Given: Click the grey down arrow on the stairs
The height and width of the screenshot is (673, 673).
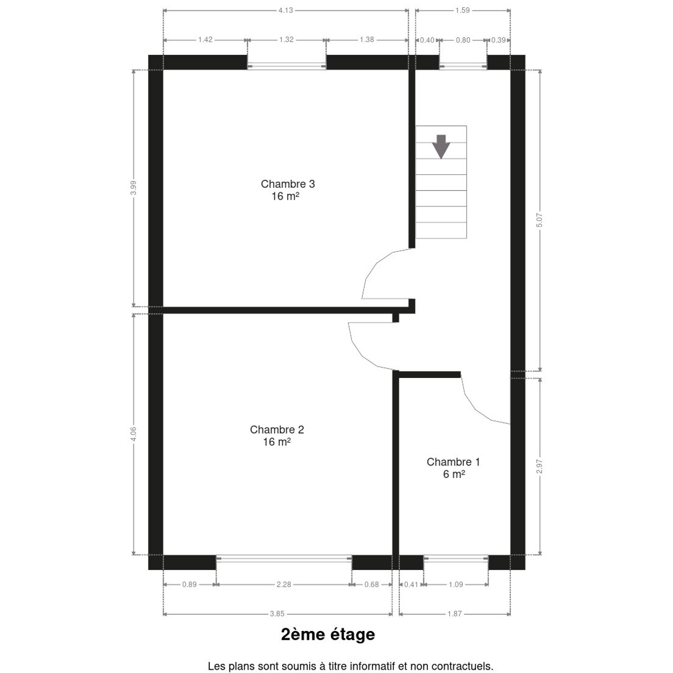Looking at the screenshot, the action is (441, 147).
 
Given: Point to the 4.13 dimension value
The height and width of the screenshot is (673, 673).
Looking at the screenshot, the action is (285, 11).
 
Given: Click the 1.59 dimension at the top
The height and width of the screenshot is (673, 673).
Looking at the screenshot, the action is (462, 11).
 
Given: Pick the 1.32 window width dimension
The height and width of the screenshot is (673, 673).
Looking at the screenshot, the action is (287, 40).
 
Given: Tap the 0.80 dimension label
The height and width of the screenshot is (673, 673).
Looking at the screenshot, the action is (463, 40).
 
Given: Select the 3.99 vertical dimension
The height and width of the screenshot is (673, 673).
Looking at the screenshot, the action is (133, 188).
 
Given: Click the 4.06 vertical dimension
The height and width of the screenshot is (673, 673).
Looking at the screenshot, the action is (133, 434).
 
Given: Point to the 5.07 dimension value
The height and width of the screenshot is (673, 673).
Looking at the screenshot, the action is (540, 220).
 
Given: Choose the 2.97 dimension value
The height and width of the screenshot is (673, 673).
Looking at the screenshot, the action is (540, 467).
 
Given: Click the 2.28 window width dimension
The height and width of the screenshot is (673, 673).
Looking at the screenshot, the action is (284, 584).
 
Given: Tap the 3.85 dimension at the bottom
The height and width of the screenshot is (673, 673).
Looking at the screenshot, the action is (277, 614).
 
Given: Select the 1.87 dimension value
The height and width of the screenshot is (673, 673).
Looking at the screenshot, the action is (455, 614).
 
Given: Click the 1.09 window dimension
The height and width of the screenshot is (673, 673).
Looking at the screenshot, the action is (456, 584).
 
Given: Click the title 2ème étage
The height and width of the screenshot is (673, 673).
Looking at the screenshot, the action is (328, 634).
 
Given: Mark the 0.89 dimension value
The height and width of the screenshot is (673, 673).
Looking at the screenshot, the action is (190, 584).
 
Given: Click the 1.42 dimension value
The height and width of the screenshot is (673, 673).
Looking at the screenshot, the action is (205, 40).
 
